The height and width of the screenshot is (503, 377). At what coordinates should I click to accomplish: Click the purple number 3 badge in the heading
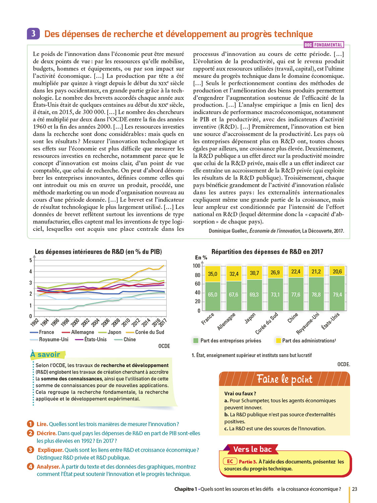[33, 34]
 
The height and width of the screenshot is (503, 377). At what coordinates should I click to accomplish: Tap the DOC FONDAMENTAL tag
[324, 45]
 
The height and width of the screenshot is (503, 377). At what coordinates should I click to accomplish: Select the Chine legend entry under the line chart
[129, 339]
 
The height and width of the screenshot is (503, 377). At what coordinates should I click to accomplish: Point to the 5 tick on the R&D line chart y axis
[31, 260]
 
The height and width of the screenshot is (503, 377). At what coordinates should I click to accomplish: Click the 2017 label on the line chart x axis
[163, 323]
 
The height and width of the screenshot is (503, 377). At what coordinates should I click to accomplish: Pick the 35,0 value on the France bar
[212, 274]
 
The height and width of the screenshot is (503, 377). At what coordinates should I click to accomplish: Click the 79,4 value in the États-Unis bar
[337, 294]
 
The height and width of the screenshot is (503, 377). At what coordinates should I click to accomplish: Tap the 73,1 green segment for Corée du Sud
[275, 294]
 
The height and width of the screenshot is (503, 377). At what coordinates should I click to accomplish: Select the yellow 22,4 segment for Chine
[296, 272]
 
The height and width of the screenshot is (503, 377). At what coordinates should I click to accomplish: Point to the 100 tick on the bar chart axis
[196, 266]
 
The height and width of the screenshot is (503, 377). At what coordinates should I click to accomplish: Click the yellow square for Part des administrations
[278, 341]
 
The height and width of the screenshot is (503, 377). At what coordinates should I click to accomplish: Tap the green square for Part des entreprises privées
[196, 341]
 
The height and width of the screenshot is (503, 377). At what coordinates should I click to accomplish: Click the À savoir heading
[46, 354]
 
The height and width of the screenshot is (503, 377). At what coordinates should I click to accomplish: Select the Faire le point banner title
[285, 379]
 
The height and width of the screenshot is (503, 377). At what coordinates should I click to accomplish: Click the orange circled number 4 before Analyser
[30, 466]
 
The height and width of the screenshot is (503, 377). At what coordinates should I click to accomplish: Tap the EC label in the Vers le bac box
[230, 461]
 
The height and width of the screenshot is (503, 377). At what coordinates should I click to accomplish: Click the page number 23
[355, 489]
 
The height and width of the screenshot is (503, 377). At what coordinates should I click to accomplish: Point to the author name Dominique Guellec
[228, 231]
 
